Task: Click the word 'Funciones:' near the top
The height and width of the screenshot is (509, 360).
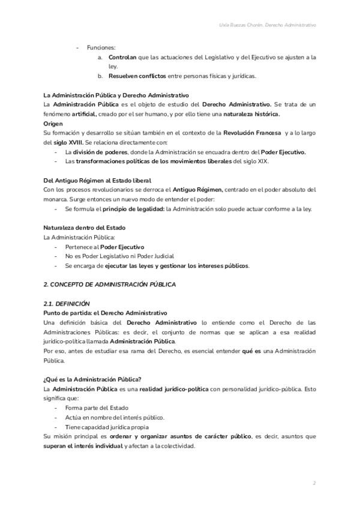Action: pyautogui.click(x=101, y=47)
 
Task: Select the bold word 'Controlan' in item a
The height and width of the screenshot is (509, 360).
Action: pyautogui.click(x=122, y=57)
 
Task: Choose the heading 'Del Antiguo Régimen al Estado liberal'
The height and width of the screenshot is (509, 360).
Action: pyautogui.click(x=97, y=181)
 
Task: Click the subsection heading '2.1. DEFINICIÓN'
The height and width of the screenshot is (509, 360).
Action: pyautogui.click(x=67, y=304)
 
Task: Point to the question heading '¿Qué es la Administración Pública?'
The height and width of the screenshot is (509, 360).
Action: pyautogui.click(x=92, y=379)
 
